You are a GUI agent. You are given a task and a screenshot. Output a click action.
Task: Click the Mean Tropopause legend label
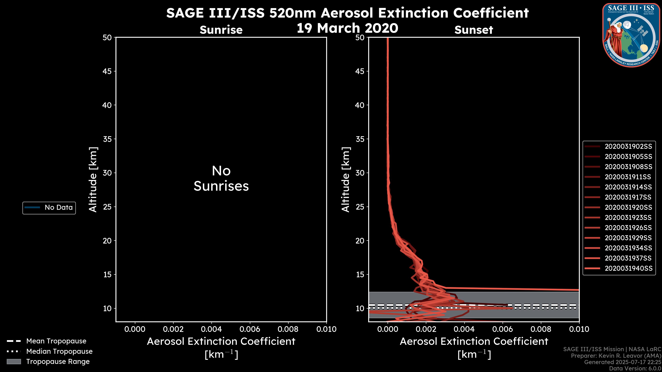click(x=56, y=341)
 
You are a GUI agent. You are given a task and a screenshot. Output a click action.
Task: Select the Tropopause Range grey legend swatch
click(x=14, y=362)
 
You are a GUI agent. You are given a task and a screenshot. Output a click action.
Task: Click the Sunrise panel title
click(x=221, y=30)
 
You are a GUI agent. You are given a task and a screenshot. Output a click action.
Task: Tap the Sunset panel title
click(x=474, y=30)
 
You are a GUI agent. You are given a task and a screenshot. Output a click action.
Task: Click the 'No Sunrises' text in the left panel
click(x=221, y=178)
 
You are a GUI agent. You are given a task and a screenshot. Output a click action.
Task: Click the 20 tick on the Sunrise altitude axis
click(x=107, y=241)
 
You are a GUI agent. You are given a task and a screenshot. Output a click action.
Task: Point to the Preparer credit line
click(x=616, y=356)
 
